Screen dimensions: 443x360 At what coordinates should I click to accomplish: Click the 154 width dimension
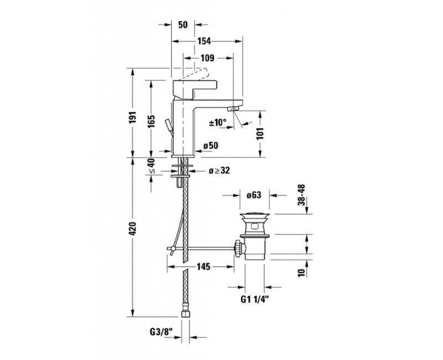click(x=204, y=41)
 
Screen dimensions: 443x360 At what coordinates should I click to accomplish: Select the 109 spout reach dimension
click(x=207, y=58)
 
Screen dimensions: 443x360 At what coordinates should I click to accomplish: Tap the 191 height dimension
click(x=133, y=117)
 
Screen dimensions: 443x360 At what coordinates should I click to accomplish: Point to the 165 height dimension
click(x=151, y=121)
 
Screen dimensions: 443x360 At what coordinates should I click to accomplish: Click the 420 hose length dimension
click(x=133, y=229)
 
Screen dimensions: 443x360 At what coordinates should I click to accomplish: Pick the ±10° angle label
click(x=218, y=122)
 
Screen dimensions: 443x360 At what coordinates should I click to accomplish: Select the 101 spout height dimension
click(x=260, y=133)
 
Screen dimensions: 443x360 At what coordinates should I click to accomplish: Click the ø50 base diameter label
click(x=211, y=146)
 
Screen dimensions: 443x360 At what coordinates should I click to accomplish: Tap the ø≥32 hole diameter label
click(x=219, y=171)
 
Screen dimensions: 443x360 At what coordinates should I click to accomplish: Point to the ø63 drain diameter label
click(x=254, y=195)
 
